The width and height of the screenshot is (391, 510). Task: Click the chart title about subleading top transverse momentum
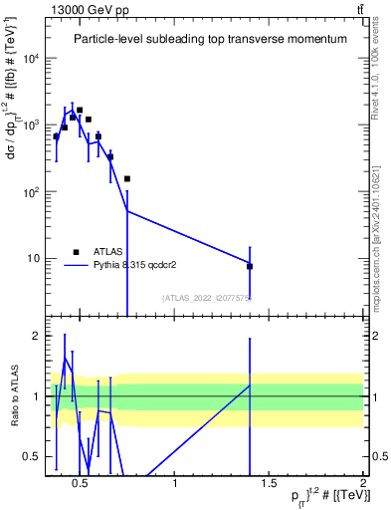211,39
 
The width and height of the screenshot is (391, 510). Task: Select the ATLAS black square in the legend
76,252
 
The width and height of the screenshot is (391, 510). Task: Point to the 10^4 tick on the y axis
32,58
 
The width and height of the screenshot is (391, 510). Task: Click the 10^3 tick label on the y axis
32,125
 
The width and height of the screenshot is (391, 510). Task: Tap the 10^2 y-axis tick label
32,191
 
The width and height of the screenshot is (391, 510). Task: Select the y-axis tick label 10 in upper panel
34,258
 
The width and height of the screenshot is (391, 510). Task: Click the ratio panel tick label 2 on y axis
37,336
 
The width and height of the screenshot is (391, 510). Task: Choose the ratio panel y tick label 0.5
32,456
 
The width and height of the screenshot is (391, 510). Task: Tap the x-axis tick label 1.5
269,484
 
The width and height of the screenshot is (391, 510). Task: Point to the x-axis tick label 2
363,484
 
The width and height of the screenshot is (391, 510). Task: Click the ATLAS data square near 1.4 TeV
250,266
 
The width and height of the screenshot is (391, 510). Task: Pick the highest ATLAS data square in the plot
80,110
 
